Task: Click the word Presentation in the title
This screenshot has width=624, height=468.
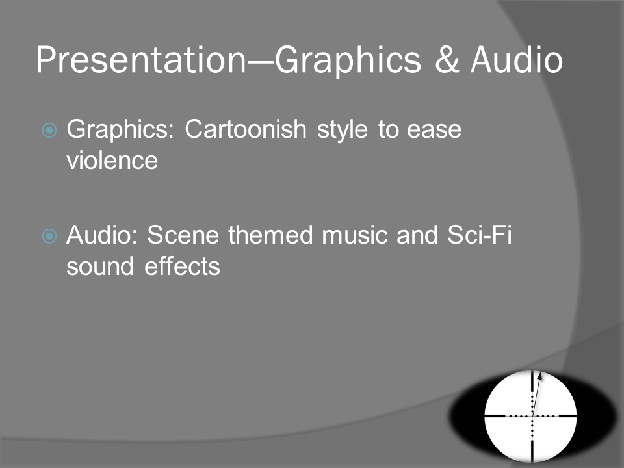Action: coord(141,60)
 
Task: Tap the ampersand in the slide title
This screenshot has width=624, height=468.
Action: coord(447,60)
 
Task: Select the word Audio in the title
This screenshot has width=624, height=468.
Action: coord(517,60)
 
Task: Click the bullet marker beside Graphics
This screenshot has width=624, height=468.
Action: coord(49,130)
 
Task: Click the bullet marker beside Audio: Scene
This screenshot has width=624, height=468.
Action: coord(49,236)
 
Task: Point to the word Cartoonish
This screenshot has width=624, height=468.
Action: coord(246,129)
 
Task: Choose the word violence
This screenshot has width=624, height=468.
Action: coord(112,161)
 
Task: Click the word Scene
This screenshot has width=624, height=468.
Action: coord(183,235)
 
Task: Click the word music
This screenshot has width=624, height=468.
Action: coord(355,235)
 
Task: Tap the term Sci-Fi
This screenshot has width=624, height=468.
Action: coord(480,235)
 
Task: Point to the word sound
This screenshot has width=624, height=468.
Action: coord(100,266)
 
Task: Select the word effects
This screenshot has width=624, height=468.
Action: coord(182,266)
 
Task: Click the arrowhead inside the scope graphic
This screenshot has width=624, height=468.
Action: coord(539,376)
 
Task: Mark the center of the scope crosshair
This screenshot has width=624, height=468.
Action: coord(532,416)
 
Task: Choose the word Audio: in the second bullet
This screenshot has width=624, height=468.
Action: coord(101,235)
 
